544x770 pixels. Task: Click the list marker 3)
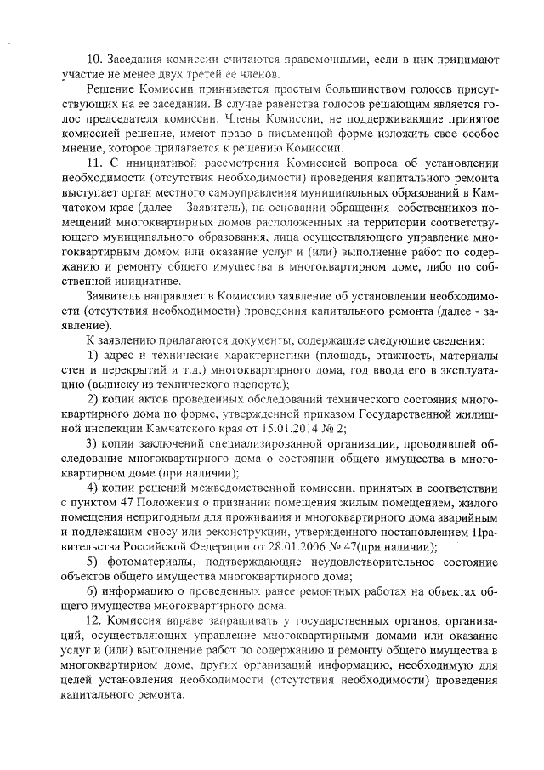(94, 443)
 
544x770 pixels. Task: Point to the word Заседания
(140, 60)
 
